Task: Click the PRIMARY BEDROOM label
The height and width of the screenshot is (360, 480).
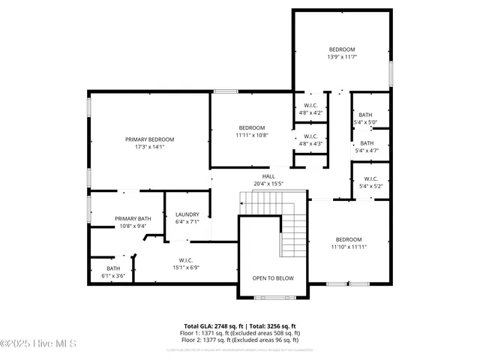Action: click(x=149, y=139)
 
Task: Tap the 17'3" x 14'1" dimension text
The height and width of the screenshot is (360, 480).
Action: click(x=149, y=147)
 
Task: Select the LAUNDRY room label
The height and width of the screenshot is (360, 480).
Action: click(x=187, y=214)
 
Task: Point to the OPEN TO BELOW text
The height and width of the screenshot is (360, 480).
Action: click(x=272, y=278)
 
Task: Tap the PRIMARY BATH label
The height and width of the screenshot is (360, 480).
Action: click(x=133, y=218)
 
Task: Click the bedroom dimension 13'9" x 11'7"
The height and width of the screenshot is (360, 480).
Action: click(x=341, y=57)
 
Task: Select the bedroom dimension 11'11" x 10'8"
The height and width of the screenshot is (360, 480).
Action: click(x=252, y=135)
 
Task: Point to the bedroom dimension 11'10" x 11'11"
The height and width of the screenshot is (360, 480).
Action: click(x=348, y=246)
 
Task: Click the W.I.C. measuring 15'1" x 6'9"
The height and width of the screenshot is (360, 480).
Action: click(x=187, y=267)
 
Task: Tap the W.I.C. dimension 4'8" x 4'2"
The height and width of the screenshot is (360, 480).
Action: click(x=310, y=112)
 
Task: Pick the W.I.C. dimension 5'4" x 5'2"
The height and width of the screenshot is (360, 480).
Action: click(x=370, y=186)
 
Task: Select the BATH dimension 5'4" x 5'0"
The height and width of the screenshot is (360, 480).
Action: click(x=365, y=122)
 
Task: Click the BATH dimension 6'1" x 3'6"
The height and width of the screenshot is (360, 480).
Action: click(x=112, y=276)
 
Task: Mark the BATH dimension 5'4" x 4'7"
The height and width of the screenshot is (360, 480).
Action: click(x=367, y=150)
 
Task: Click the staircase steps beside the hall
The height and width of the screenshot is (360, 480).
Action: click(x=294, y=232)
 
